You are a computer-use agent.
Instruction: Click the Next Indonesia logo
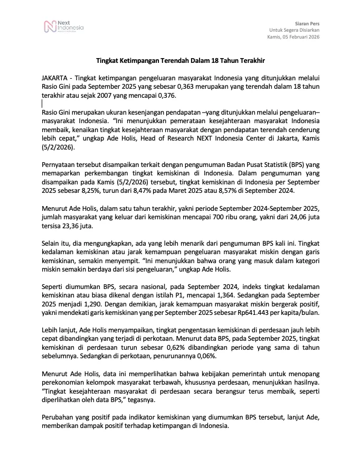(64, 26)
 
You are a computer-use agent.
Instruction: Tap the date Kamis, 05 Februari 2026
(293, 38)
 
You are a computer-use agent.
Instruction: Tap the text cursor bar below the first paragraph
(42, 105)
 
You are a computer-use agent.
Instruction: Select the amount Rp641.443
(255, 313)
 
